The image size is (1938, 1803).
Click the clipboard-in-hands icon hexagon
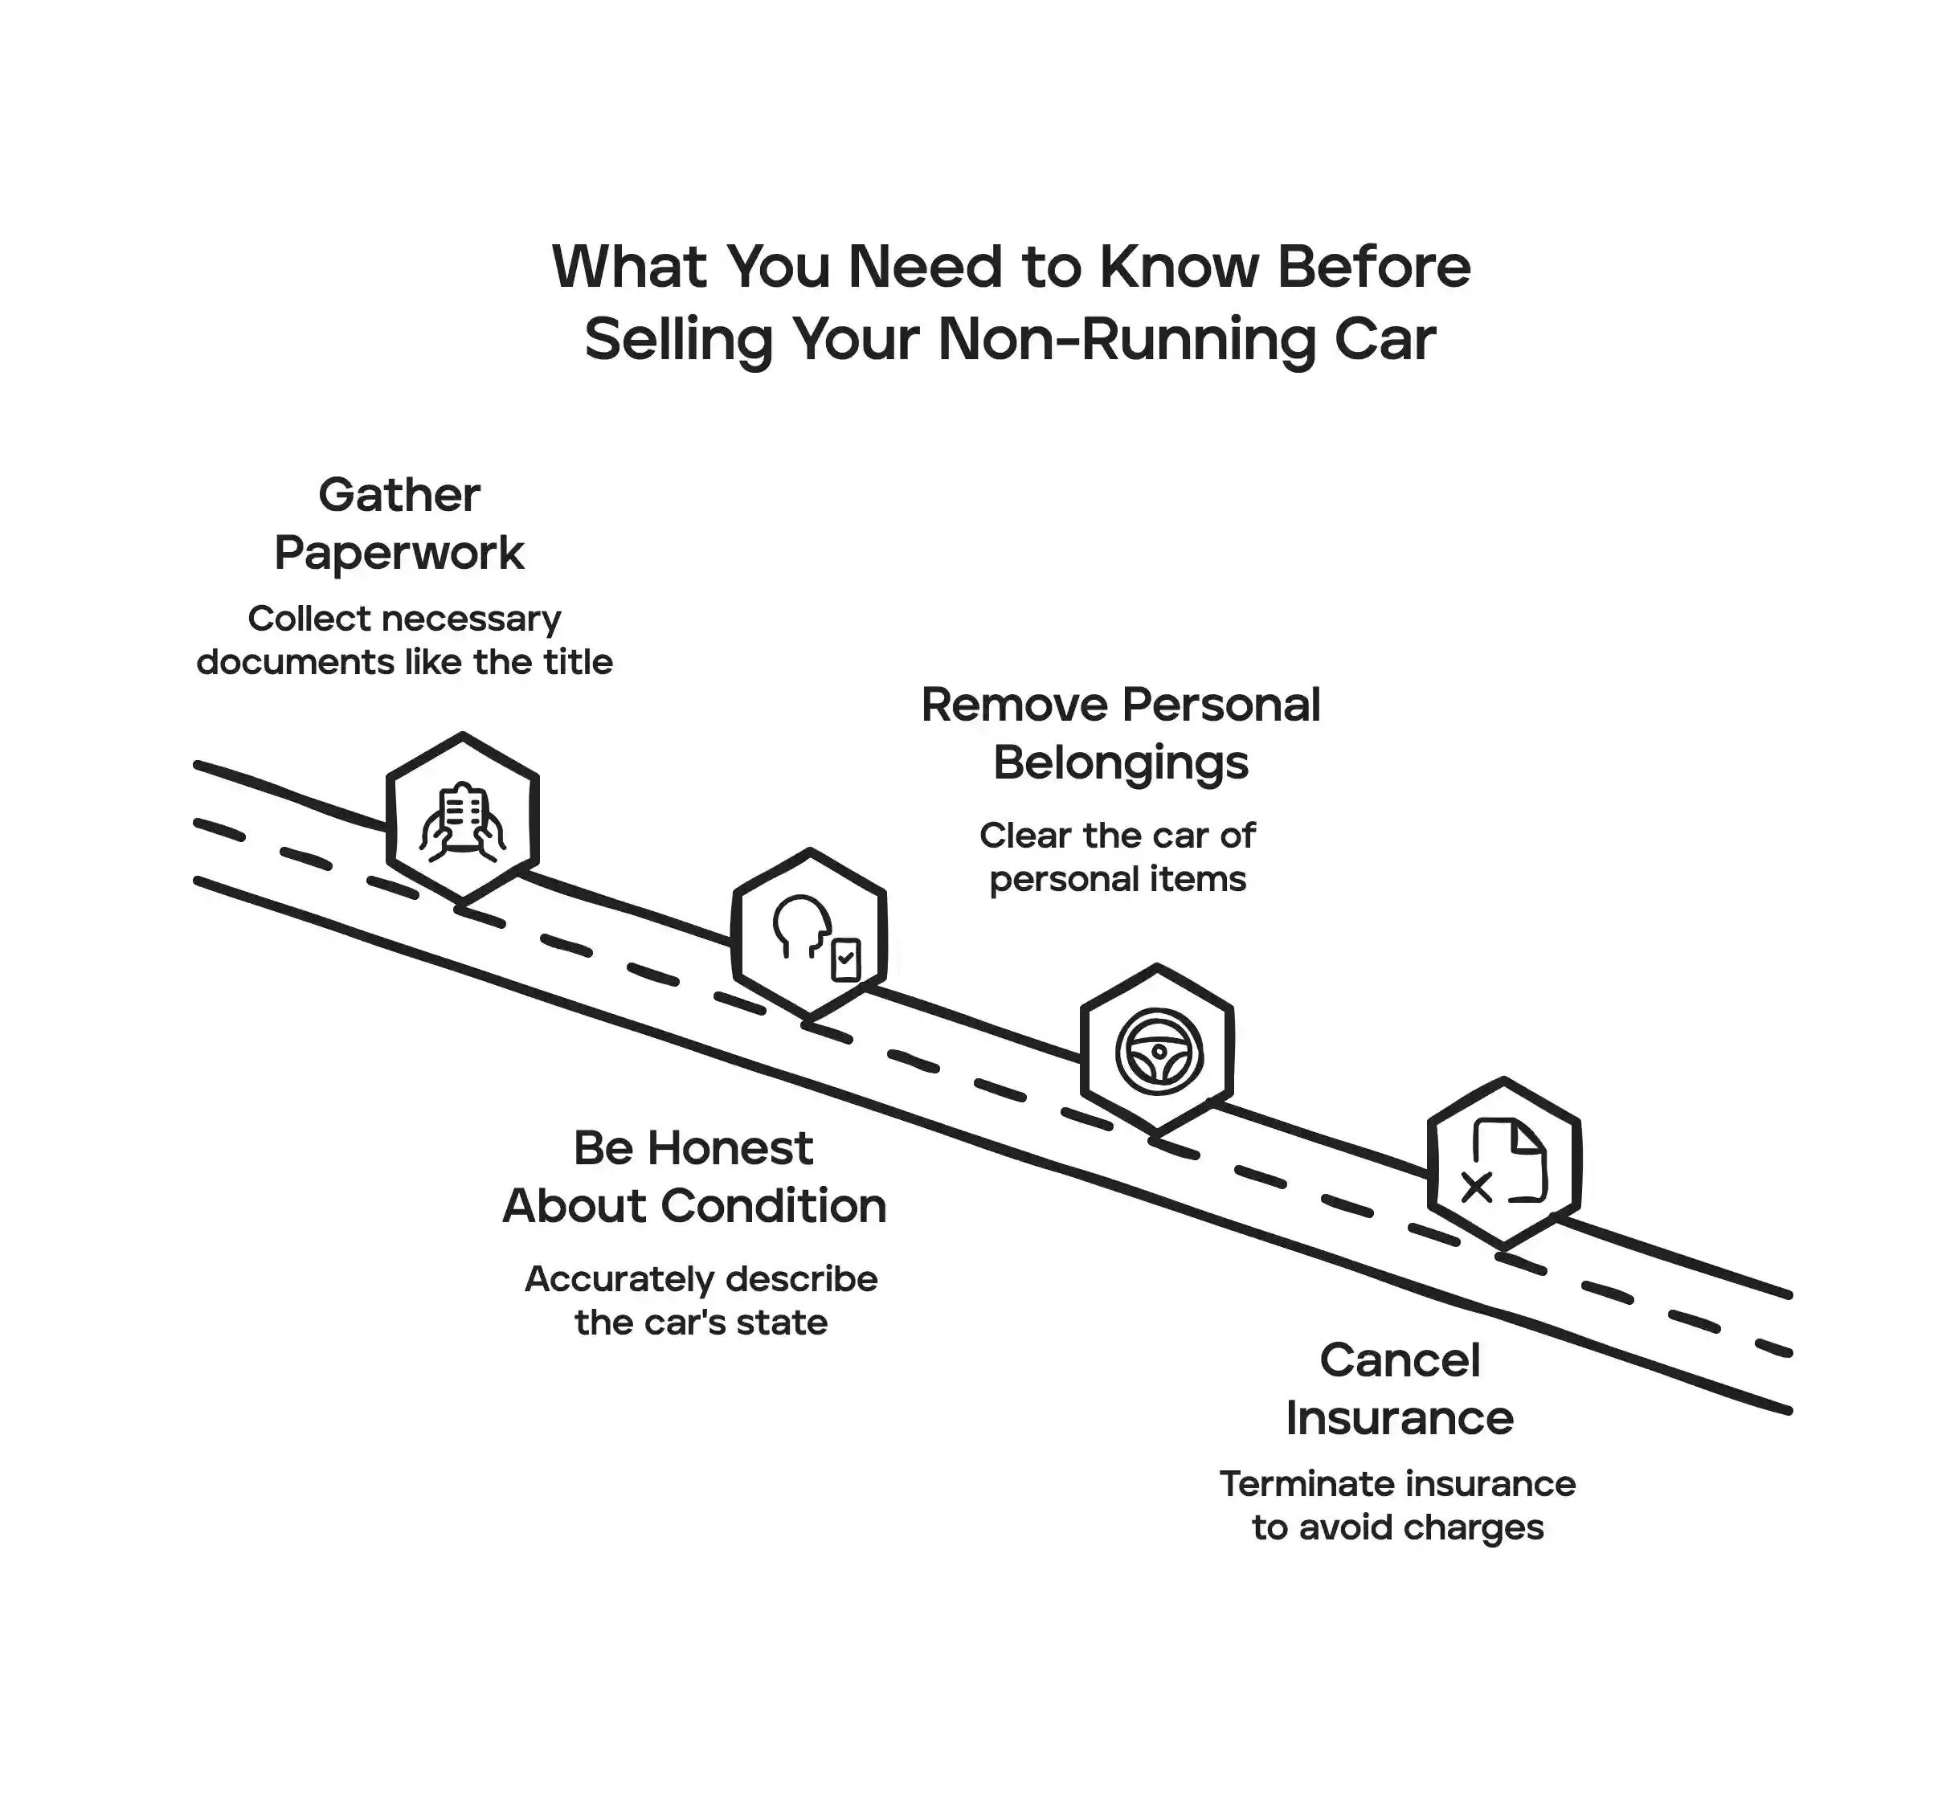[463, 818]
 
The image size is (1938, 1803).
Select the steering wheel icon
[1158, 1051]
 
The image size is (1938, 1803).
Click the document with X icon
[1504, 1163]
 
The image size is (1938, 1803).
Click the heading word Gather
[399, 495]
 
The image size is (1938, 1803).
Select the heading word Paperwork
[399, 554]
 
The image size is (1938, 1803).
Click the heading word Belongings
[1120, 762]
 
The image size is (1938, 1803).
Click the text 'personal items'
[1117, 879]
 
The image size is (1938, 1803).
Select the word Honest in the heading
[730, 1148]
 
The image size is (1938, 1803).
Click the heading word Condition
[773, 1207]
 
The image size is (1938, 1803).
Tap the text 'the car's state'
[701, 1323]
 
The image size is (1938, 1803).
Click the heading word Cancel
[1399, 1360]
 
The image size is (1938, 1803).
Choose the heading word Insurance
[1399, 1418]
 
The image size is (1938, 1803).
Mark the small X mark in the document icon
[1476, 1188]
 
